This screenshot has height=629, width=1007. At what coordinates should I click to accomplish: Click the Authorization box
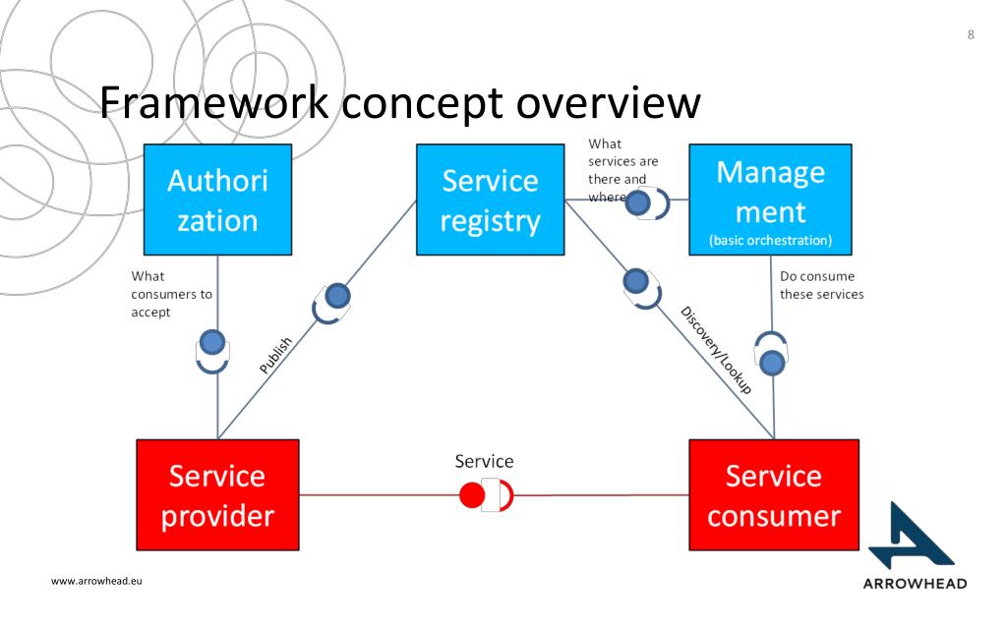217,200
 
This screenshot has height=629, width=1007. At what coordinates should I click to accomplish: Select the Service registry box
490,200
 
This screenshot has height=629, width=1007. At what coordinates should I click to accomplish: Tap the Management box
770,200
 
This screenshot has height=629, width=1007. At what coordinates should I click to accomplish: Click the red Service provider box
217,495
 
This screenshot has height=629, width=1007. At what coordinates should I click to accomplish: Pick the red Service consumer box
774,495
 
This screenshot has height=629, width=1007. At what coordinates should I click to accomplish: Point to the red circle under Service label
472,495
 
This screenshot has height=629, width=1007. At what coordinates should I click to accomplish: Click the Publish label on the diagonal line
275,356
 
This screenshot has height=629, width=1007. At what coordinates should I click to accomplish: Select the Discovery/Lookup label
716,350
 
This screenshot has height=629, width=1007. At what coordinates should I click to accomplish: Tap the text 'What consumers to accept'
171,294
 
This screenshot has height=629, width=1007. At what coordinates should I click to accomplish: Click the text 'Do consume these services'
821,285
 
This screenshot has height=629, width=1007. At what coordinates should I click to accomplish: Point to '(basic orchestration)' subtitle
770,240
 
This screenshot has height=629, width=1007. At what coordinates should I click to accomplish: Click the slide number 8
971,34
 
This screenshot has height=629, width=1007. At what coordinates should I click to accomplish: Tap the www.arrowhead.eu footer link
96,581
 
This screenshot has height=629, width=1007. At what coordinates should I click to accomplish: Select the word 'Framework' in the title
213,102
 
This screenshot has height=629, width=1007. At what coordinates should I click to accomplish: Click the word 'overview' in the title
608,102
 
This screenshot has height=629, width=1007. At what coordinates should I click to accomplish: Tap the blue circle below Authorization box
212,343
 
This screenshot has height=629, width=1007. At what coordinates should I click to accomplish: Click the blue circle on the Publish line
338,296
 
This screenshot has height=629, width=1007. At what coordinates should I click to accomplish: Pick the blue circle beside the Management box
637,202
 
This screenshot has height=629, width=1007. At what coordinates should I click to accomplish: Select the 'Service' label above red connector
484,461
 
